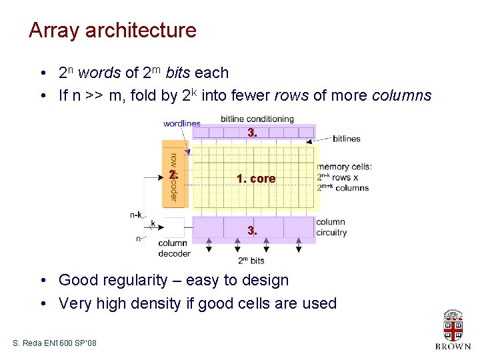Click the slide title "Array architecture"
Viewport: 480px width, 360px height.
pos(112,30)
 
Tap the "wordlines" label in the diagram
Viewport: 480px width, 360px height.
pos(181,123)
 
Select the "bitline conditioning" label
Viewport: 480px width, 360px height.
pos(257,119)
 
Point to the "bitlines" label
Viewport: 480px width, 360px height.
pos(347,139)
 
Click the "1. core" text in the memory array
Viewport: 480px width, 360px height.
pos(256,179)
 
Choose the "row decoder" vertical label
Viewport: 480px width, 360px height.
pos(173,177)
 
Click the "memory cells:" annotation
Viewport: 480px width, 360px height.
pos(344,167)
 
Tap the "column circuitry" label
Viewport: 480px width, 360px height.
pos(331,227)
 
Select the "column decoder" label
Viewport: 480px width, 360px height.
pos(174,248)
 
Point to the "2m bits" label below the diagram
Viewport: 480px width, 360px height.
pos(251,260)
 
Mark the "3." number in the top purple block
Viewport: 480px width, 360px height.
pos(251,133)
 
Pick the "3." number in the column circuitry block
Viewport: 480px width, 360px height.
pos(251,231)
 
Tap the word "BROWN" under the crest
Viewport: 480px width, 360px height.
pos(453,347)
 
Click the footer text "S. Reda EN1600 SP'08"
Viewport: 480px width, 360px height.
pos(55,343)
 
